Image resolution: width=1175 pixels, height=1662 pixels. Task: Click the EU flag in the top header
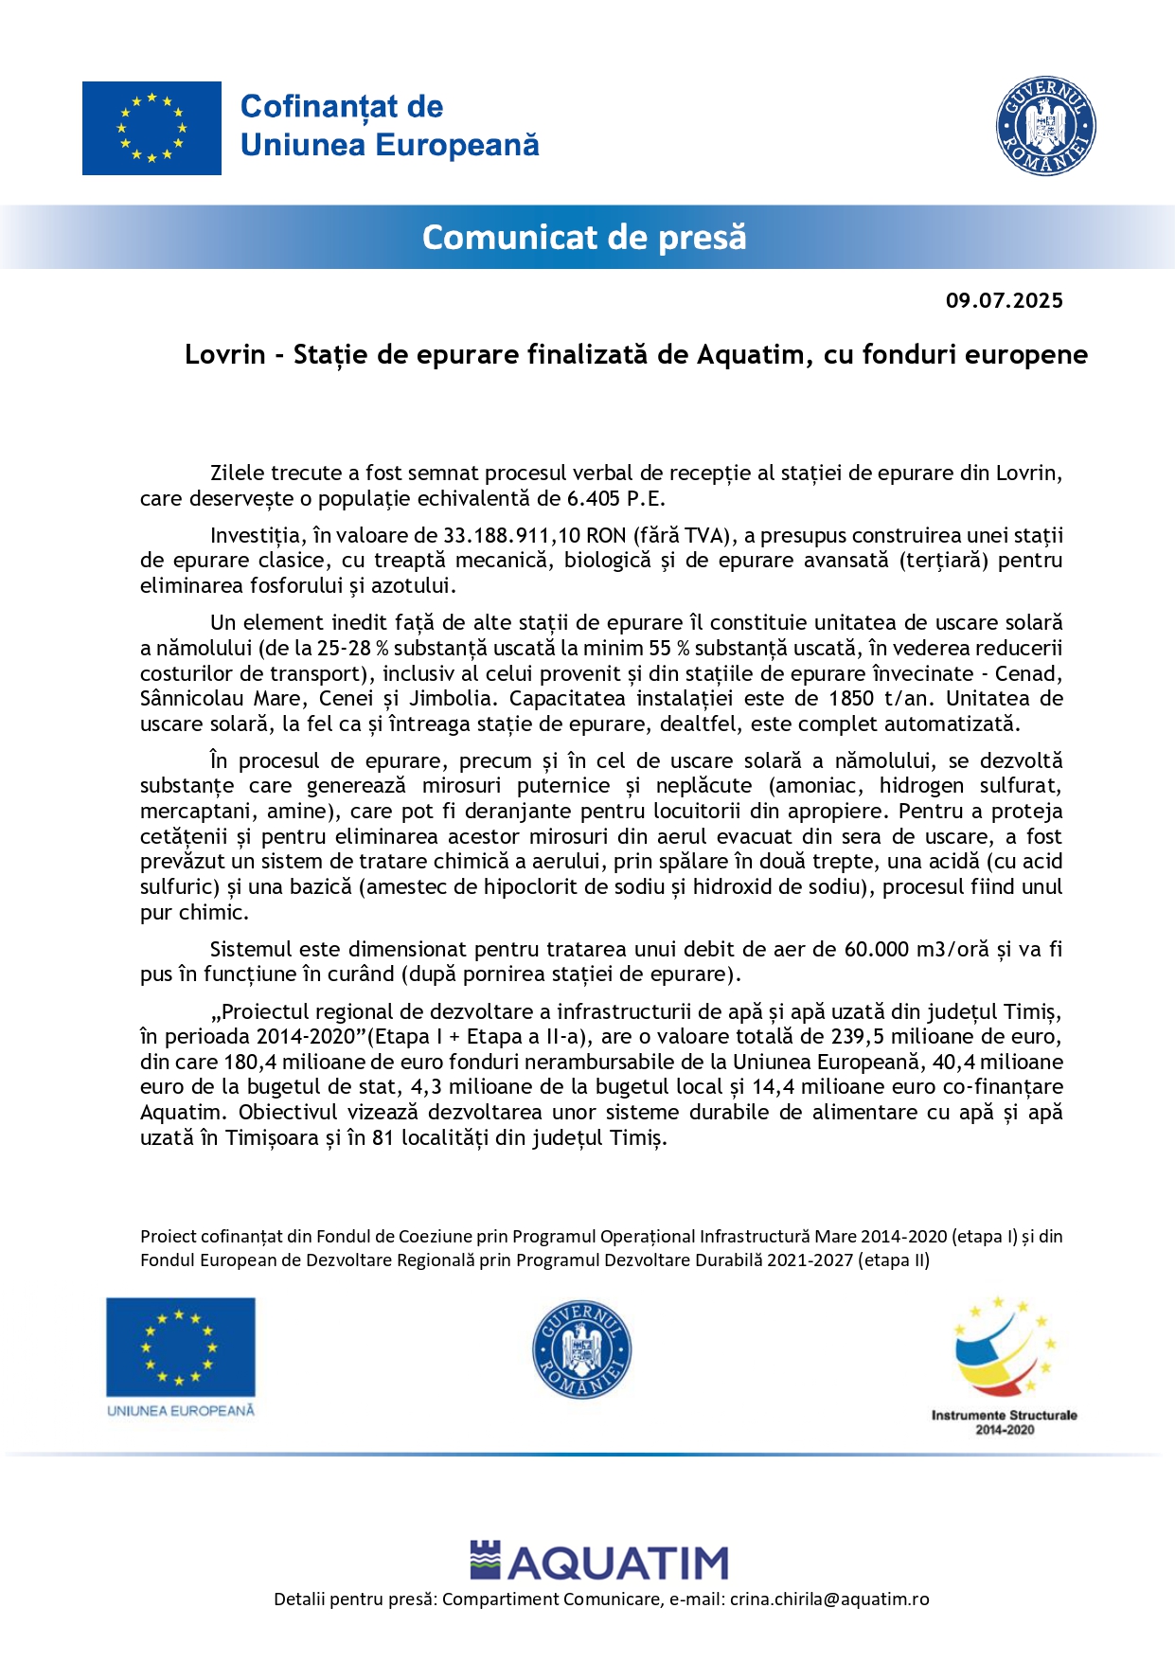pyautogui.click(x=151, y=128)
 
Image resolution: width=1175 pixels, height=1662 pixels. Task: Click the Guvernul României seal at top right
pyautogui.click(x=1045, y=126)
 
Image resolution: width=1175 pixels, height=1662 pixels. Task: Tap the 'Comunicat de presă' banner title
pyautogui.click(x=584, y=237)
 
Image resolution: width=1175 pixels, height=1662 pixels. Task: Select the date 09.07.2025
pyautogui.click(x=1004, y=301)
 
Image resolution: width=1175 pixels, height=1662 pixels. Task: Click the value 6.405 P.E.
pyautogui.click(x=615, y=499)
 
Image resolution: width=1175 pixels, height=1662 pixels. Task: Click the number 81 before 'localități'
pyautogui.click(x=383, y=1138)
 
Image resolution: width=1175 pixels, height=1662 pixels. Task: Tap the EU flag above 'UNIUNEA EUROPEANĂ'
pyautogui.click(x=180, y=1347)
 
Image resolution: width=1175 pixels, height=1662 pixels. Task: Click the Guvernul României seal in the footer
pyautogui.click(x=581, y=1349)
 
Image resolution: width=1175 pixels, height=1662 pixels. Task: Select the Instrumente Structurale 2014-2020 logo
pyautogui.click(x=1004, y=1364)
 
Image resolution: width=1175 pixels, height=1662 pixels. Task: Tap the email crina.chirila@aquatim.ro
pyautogui.click(x=828, y=1599)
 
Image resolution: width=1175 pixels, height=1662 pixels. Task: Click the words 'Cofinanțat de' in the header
pyautogui.click(x=341, y=107)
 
